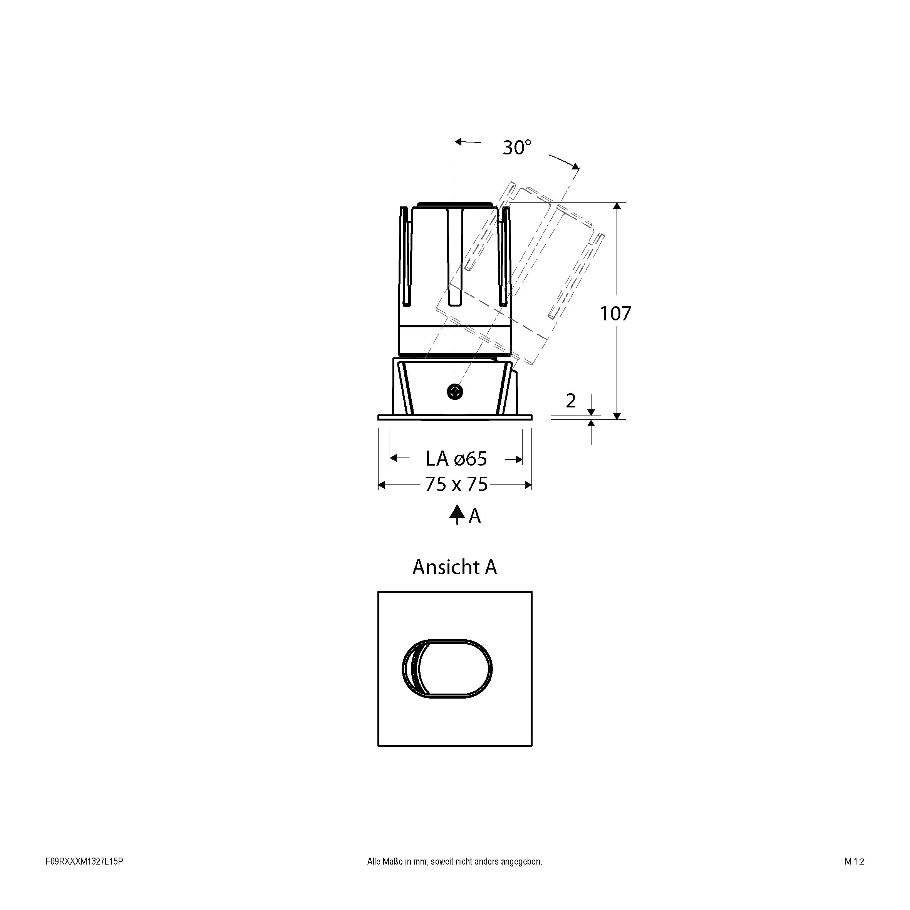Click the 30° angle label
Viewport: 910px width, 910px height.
tap(517, 147)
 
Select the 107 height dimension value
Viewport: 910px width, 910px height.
tap(615, 313)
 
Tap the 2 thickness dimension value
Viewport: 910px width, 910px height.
tap(570, 401)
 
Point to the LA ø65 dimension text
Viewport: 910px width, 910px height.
tap(456, 458)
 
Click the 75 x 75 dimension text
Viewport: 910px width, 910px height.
tap(456, 484)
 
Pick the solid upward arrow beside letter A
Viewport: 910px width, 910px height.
tap(457, 515)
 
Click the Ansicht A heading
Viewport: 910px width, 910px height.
tap(454, 567)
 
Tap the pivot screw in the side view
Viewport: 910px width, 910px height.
tap(455, 391)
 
